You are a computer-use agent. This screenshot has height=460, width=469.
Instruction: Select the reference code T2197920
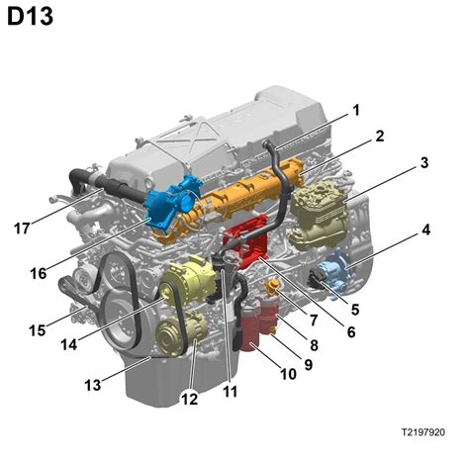430,432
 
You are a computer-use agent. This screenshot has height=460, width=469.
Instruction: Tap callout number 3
422,162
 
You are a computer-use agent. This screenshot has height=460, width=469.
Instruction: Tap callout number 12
188,400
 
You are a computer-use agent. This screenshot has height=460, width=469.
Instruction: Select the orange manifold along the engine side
247,198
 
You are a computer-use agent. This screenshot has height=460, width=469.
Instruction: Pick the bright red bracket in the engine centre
250,247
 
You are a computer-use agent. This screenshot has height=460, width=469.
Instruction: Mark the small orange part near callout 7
271,288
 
